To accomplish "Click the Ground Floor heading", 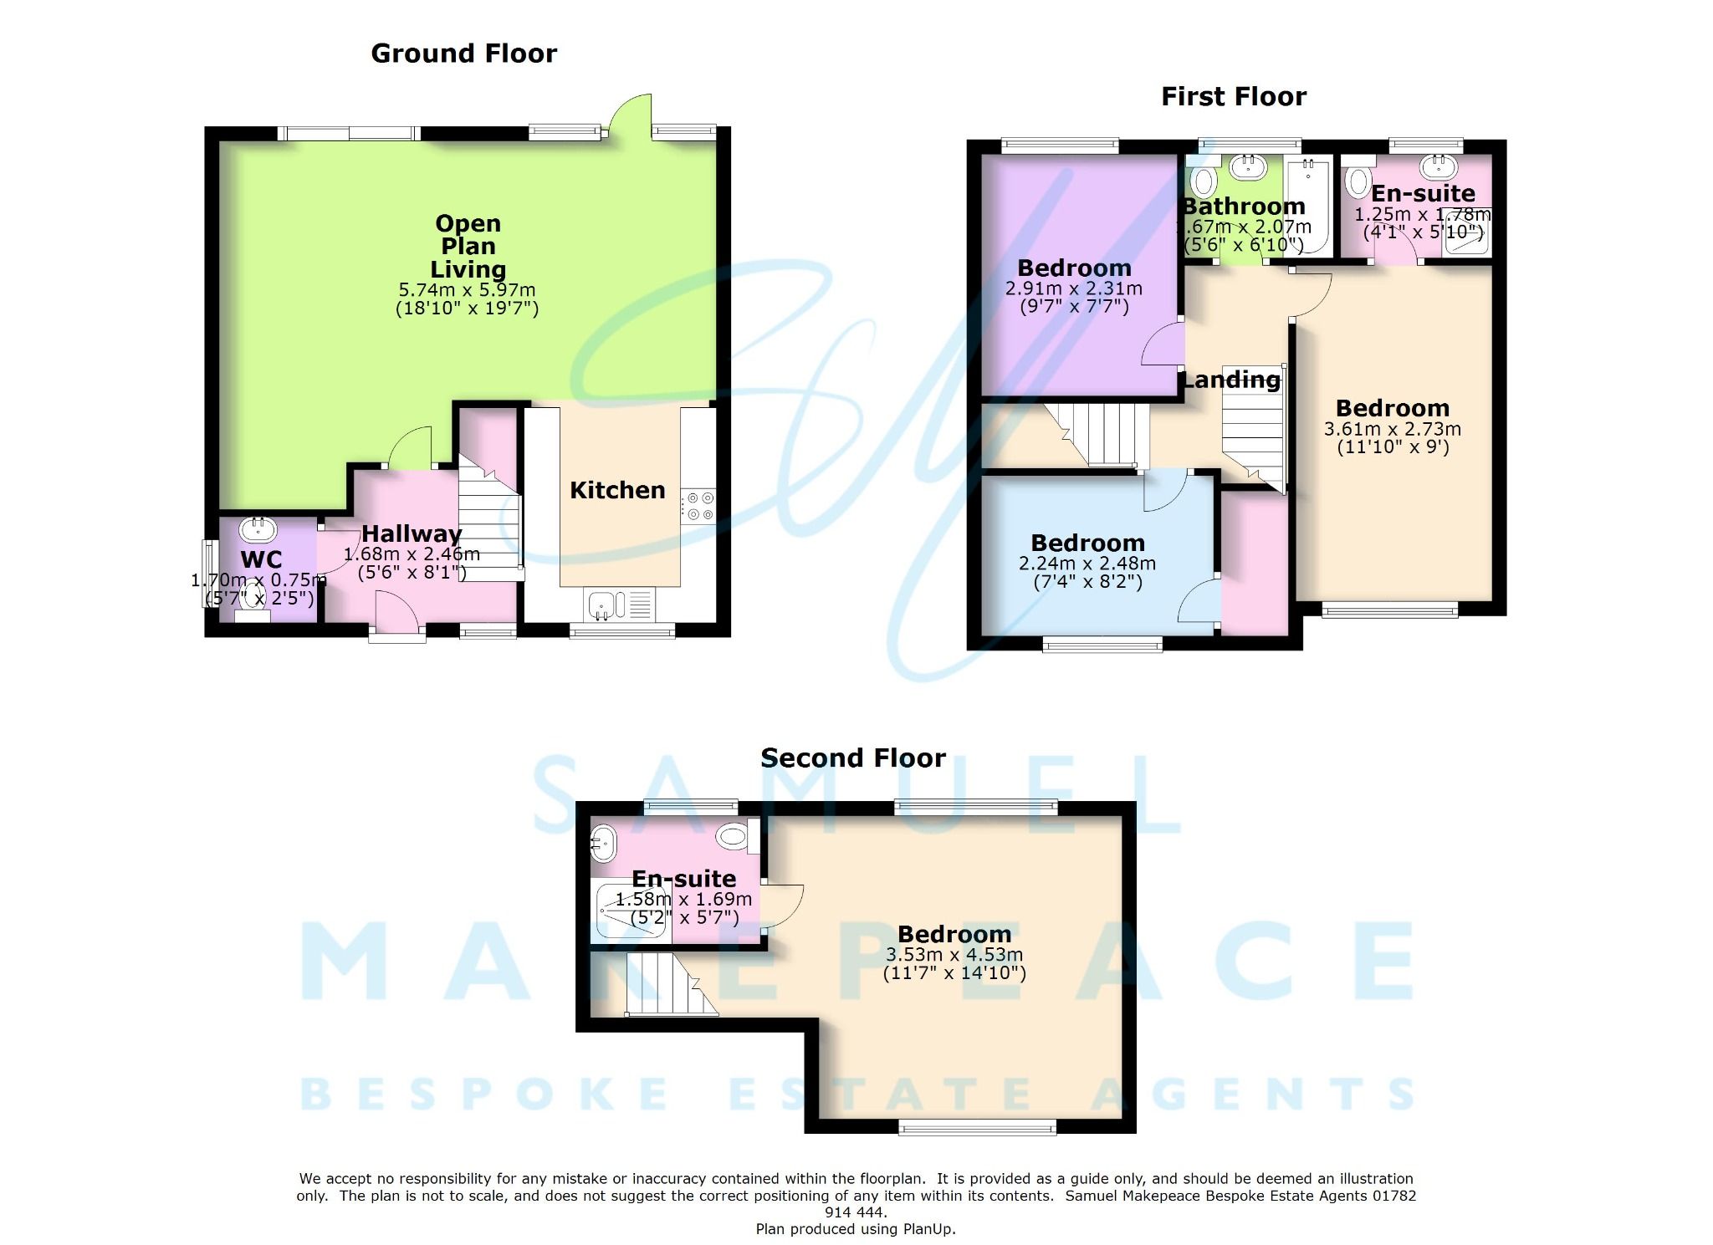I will (463, 54).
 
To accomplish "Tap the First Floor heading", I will (1233, 97).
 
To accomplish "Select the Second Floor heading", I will (852, 758).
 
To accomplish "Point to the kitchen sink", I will (601, 605).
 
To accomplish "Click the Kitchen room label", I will (617, 490).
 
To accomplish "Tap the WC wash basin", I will (258, 528).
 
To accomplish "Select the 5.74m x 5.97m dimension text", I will (467, 290).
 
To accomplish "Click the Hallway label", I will (412, 533).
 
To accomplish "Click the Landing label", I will (1231, 380).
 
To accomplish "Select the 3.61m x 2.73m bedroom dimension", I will (1392, 429).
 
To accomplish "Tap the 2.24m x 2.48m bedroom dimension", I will (1087, 564).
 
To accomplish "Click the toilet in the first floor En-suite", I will (1358, 181).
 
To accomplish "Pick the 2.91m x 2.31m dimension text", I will (1073, 288).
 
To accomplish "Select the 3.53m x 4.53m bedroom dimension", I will (954, 955).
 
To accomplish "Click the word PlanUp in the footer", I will (928, 1229).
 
